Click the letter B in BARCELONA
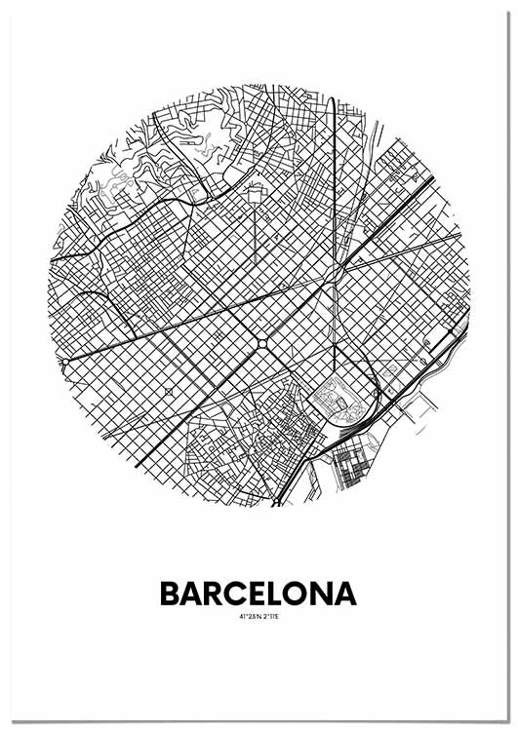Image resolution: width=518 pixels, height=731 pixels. click(169, 594)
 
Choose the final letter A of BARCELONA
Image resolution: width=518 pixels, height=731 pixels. click(345, 594)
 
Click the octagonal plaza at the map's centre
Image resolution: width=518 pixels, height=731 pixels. click(263, 343)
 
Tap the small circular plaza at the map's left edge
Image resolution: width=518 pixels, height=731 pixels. click(64, 362)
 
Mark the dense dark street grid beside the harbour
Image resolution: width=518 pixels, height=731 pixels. click(351, 468)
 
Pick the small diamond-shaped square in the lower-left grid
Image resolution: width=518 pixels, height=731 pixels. click(169, 392)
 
